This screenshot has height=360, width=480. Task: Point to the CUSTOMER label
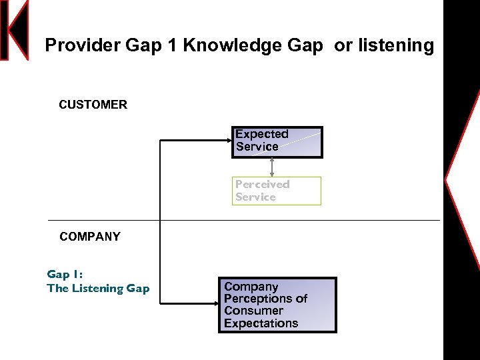pos(93,105)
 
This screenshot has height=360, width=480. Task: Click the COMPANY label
pos(90,237)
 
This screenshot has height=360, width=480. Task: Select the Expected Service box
pos(277,141)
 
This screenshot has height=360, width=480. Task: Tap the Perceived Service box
pos(276,191)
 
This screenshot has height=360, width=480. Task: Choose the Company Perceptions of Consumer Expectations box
pos(277,305)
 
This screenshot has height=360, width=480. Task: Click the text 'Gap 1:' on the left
pos(65,274)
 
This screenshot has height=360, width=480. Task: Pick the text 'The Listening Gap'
pos(98,289)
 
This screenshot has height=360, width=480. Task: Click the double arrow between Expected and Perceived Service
pos(272,167)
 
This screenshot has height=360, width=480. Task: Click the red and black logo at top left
pos(15,30)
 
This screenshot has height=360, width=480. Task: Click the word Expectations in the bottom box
pos(261,323)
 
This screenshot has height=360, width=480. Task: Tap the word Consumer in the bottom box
pos(253,311)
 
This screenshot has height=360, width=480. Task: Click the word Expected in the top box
pos(261,134)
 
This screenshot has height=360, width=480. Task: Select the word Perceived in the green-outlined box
pos(262,184)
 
